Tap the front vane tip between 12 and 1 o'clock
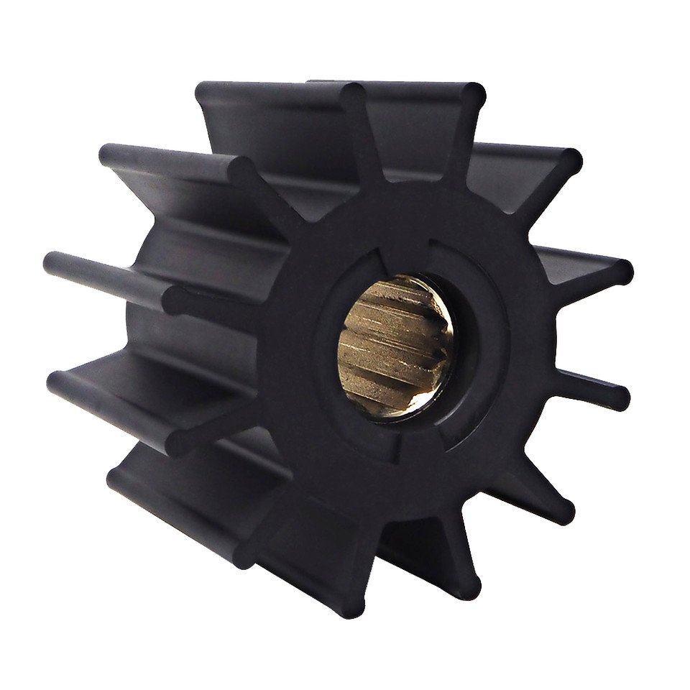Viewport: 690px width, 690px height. [x=473, y=94]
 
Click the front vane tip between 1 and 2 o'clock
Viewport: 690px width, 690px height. [x=571, y=160]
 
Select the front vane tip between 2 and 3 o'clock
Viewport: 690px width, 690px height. [x=622, y=272]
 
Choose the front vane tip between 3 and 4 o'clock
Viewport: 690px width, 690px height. [x=619, y=397]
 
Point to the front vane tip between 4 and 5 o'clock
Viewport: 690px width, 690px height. [x=564, y=512]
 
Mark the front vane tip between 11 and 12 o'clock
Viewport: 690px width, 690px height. [x=352, y=94]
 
